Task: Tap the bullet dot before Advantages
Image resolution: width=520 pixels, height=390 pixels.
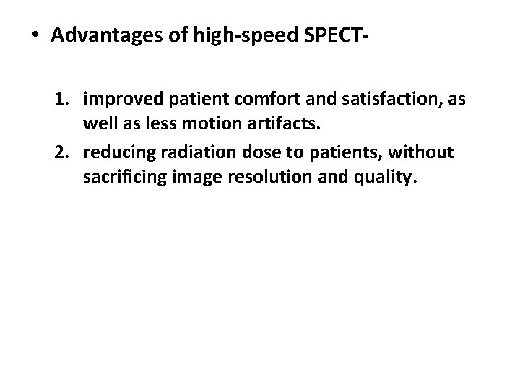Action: pos(38,37)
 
